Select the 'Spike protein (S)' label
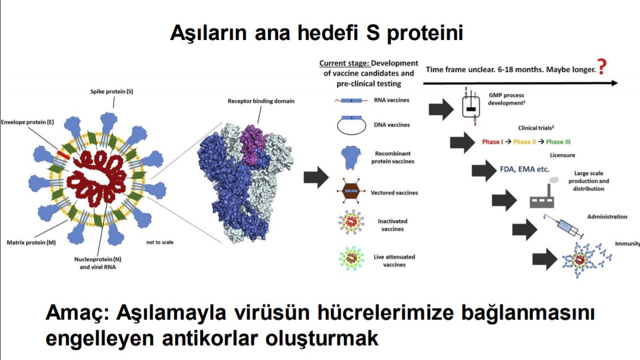[x=112, y=91]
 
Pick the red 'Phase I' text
[x=491, y=141]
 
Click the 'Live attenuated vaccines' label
[x=394, y=261]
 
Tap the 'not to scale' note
[x=159, y=242]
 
